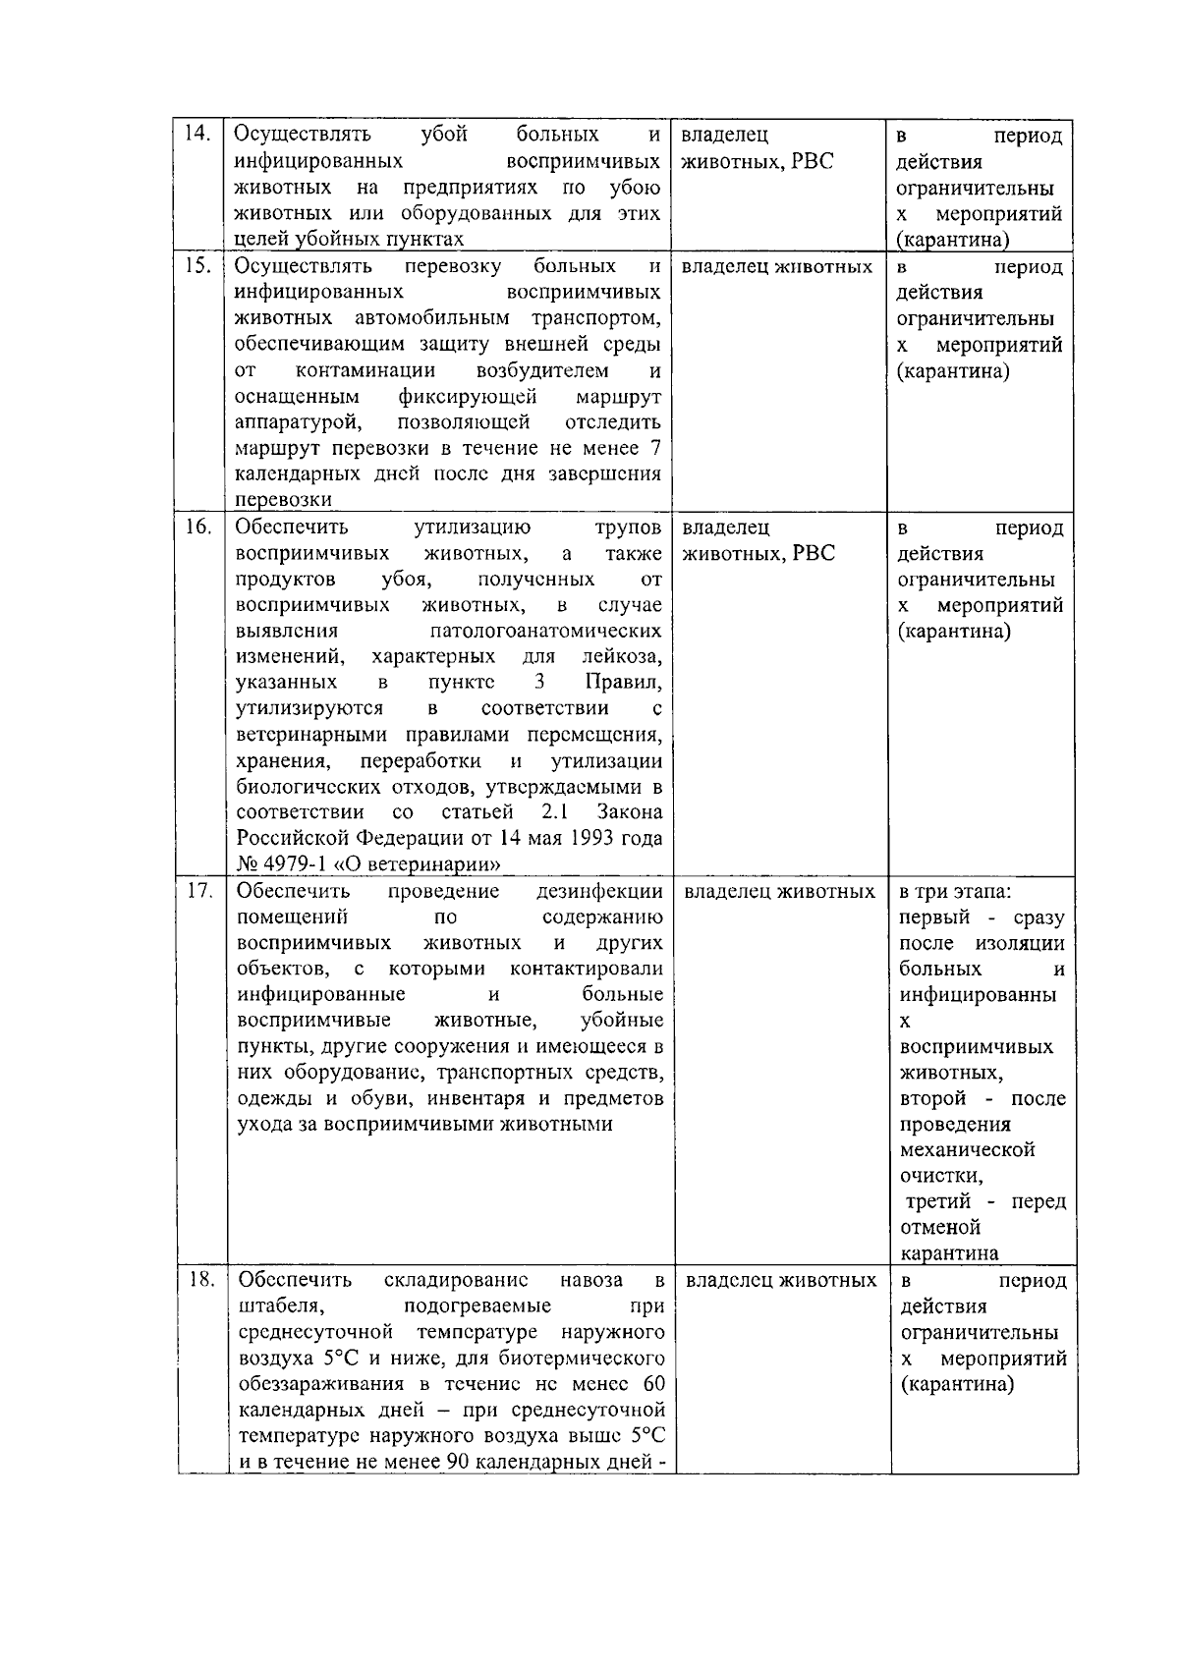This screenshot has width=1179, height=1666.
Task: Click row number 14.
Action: [x=199, y=136]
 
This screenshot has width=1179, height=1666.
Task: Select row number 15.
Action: [x=199, y=266]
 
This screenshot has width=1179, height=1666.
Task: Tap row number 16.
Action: [x=199, y=528]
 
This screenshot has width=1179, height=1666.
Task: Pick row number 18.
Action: [x=201, y=1280]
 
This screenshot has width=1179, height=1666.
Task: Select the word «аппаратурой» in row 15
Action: [x=301, y=422]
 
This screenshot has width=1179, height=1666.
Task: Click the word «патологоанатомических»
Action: [x=545, y=631]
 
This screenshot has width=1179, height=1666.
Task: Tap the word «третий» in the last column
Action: [x=937, y=1201]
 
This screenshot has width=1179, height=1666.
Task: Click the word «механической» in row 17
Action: [x=968, y=1149]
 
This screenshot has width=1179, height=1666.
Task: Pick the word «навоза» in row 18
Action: [x=589, y=1280]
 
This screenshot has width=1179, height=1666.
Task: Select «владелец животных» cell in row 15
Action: [x=776, y=267]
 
